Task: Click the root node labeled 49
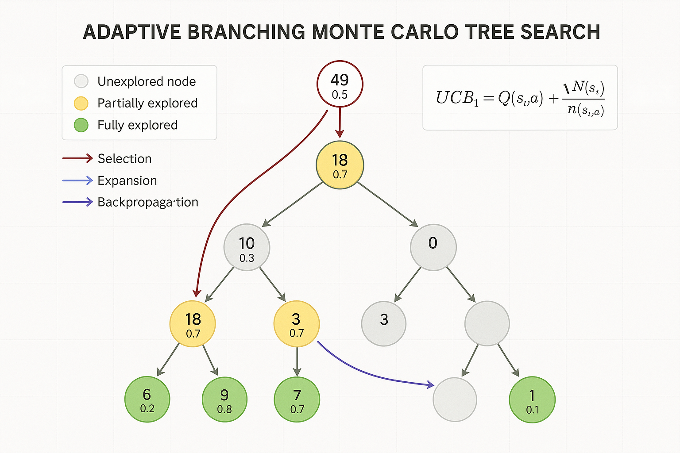(340, 84)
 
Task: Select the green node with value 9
(224, 399)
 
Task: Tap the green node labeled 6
(147, 399)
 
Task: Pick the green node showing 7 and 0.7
(297, 399)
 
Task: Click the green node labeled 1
(532, 399)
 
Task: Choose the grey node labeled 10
(247, 247)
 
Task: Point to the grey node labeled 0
(433, 247)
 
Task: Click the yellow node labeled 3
(297, 324)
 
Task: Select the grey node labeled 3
(384, 323)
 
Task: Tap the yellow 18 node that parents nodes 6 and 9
(193, 324)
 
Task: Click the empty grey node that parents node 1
(487, 323)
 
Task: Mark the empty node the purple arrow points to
(455, 399)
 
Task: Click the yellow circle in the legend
(81, 103)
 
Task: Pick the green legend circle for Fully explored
(81, 125)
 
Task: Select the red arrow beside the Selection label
(77, 158)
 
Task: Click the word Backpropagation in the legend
(147, 202)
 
